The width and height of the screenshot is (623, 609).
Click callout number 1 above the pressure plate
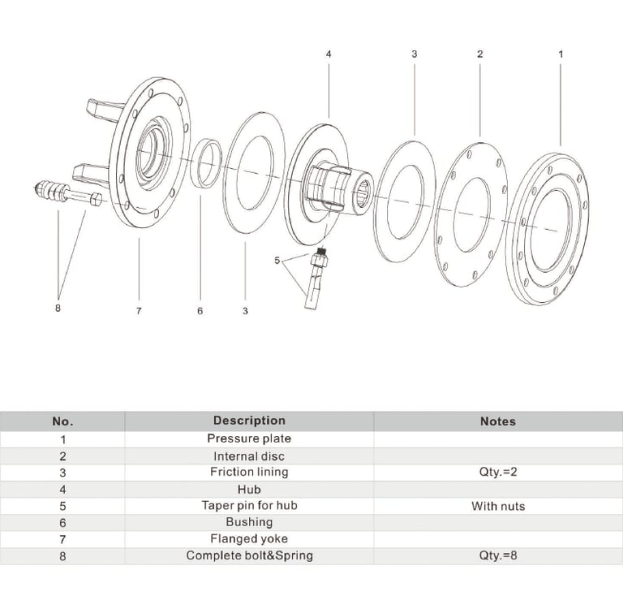[x=561, y=54]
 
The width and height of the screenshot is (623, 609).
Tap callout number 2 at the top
[x=480, y=54]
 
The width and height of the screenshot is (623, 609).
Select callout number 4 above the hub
[x=329, y=54]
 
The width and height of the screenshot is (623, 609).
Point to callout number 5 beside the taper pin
[x=277, y=261]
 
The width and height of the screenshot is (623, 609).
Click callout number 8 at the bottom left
[x=58, y=308]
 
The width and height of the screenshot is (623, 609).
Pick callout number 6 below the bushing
[x=200, y=311]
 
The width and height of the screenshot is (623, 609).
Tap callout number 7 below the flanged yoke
[x=139, y=311]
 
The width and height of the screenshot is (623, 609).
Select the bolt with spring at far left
[x=67, y=194]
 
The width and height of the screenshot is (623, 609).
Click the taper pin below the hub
[x=316, y=279]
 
